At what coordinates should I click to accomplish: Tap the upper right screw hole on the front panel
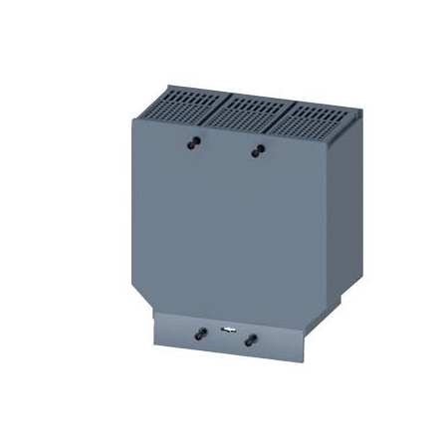(x=259, y=149)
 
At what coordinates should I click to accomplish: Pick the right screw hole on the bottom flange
(x=250, y=336)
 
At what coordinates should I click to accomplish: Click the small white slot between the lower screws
(x=227, y=333)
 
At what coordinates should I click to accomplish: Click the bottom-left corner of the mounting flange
(x=155, y=344)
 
